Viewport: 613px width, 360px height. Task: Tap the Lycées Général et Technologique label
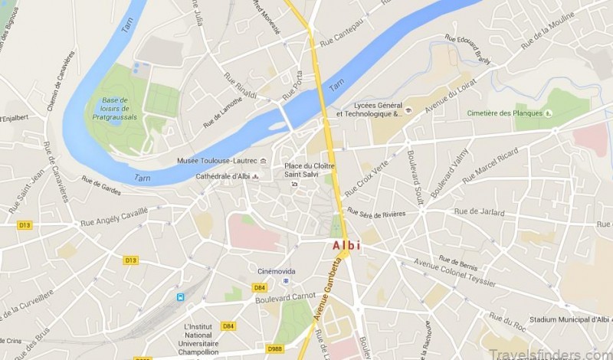369,110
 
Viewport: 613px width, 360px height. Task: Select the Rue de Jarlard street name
480,211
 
